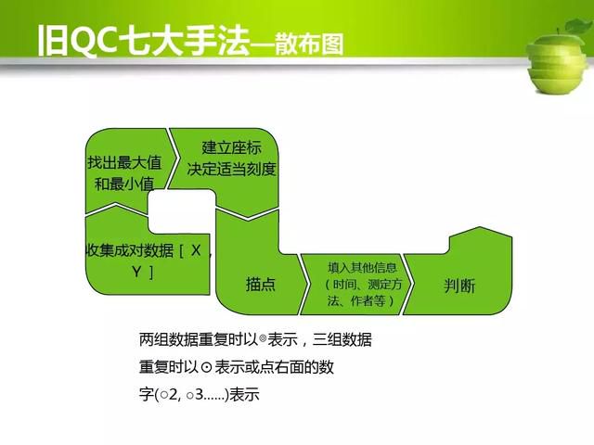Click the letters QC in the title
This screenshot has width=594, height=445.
93,41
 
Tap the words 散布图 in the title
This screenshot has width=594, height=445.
309,44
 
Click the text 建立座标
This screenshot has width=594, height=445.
231,147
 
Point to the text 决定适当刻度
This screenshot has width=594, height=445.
231,169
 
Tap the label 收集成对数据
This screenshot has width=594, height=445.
130,250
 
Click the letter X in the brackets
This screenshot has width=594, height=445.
196,250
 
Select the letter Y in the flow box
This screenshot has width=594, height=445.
136,272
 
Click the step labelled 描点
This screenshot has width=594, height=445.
260,285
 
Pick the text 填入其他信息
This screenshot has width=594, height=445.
362,268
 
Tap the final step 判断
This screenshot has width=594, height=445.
459,286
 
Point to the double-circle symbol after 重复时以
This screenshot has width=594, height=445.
263,338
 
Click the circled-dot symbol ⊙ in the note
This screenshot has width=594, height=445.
206,367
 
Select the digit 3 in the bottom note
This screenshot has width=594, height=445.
200,395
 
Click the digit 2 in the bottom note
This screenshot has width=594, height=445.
173,395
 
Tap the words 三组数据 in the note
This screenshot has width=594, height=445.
342,339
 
